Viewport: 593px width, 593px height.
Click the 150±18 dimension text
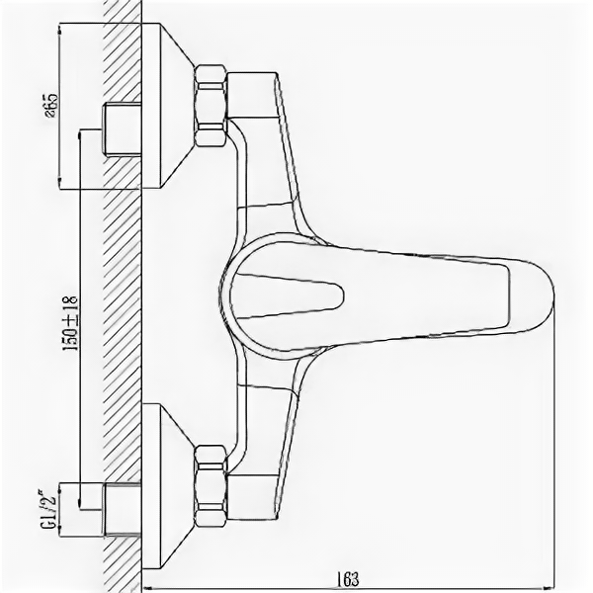point(70,319)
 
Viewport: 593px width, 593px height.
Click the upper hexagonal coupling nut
point(211,104)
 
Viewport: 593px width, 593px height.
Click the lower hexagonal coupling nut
point(211,486)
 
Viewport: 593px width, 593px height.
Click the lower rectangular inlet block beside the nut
point(255,492)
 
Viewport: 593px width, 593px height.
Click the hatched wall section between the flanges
point(124,296)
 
